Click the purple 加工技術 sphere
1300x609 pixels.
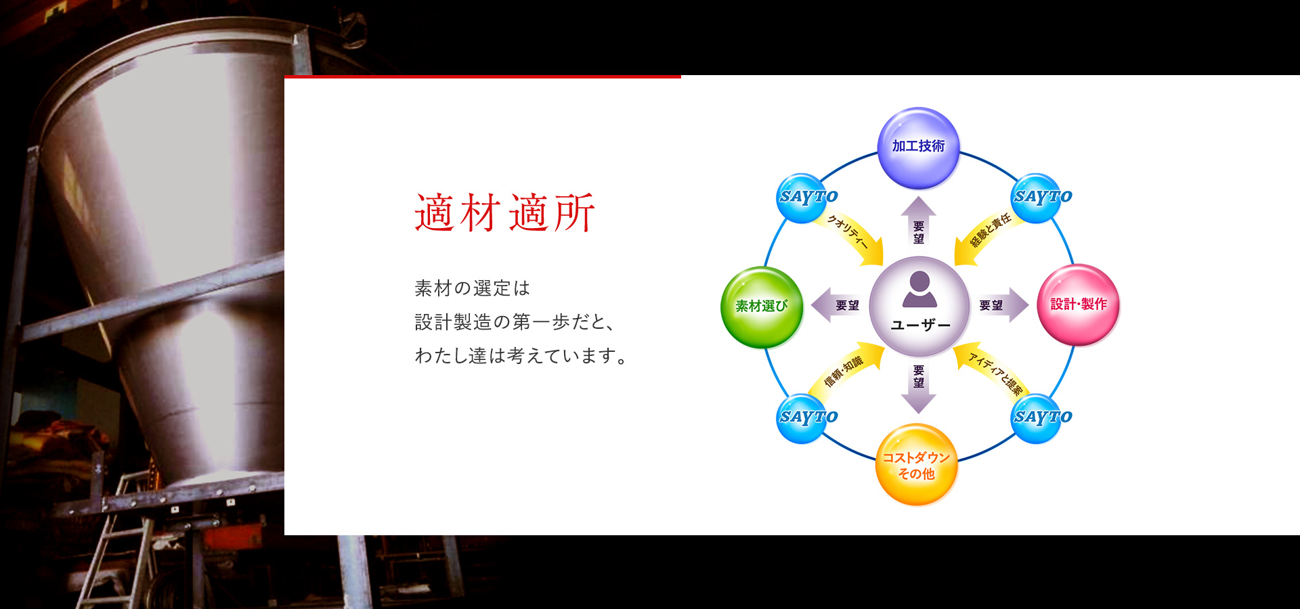pos(918,148)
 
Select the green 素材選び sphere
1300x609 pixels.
pos(762,307)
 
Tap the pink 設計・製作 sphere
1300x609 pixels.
pos(1078,304)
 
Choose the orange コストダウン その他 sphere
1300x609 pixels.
pos(916,465)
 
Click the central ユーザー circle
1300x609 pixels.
pos(919,306)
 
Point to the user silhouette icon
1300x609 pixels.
pos(919,289)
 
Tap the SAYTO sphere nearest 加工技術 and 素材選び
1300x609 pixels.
pos(803,198)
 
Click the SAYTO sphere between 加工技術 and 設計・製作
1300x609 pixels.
pos(1037,198)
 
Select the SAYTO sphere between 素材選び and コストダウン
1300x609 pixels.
pos(803,418)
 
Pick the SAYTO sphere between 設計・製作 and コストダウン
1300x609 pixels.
pos(1037,418)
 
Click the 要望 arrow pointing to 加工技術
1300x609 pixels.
pos(919,220)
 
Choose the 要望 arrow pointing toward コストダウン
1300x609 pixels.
pos(919,389)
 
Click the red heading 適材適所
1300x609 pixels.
pos(505,212)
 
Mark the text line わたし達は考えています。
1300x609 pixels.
pos(521,355)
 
